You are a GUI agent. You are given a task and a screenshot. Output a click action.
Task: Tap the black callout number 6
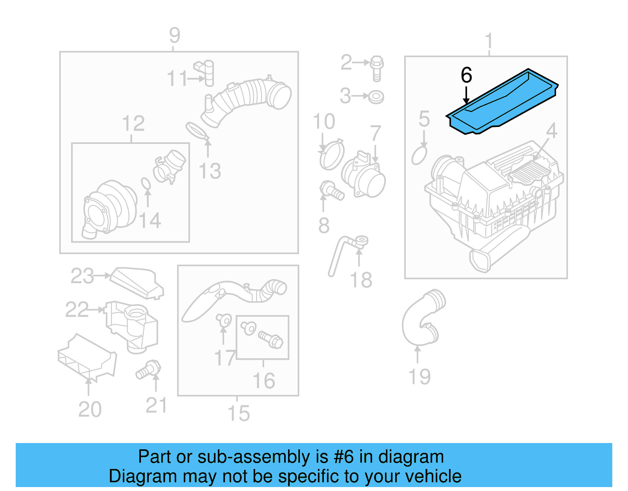[466, 75]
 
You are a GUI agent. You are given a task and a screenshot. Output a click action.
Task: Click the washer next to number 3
[376, 97]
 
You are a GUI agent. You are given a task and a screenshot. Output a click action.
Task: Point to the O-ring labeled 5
[419, 155]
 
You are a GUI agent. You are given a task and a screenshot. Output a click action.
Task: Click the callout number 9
[174, 36]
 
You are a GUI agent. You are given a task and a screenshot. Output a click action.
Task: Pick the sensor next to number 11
[206, 72]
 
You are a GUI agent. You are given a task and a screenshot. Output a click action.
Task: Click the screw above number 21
[149, 370]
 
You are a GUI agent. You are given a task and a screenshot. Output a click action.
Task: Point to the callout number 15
[238, 414]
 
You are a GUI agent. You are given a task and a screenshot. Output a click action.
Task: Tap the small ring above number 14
[146, 183]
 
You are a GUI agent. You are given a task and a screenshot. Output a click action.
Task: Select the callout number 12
[133, 124]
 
